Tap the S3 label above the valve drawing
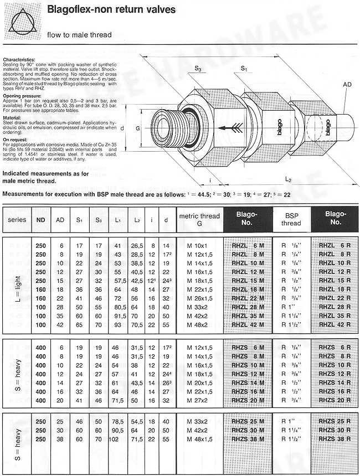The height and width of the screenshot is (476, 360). [x=198, y=69]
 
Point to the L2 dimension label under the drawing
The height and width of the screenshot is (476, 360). [x=289, y=179]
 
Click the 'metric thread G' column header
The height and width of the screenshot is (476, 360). [x=199, y=219]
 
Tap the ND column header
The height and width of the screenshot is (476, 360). [x=41, y=219]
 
